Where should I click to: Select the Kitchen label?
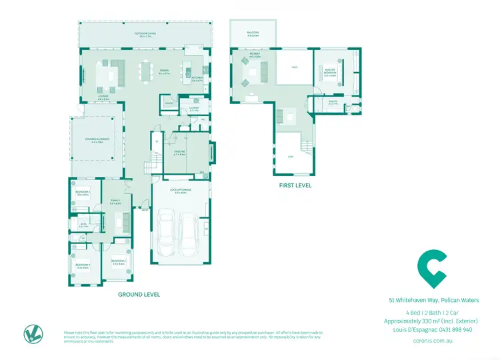[197, 79]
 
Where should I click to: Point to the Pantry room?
[169, 103]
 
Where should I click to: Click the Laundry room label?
[194, 108]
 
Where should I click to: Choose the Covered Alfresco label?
[97, 140]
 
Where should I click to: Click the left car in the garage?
[167, 233]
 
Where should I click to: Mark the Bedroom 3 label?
[83, 265]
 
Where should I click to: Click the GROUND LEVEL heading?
[139, 294]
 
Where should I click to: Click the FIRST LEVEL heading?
[295, 185]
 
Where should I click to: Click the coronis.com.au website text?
[433, 340]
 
